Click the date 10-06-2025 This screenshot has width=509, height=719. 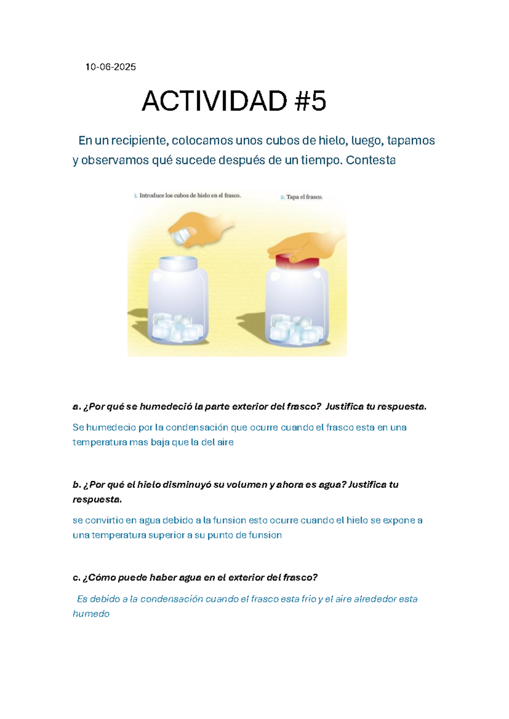[x=111, y=67]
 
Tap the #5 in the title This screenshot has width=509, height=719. [x=310, y=101]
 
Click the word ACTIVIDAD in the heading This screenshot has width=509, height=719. [x=214, y=101]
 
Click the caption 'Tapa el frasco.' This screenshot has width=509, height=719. [x=302, y=197]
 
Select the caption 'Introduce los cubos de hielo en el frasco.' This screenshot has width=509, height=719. [x=187, y=195]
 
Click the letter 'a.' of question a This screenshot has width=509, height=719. [x=76, y=407]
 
